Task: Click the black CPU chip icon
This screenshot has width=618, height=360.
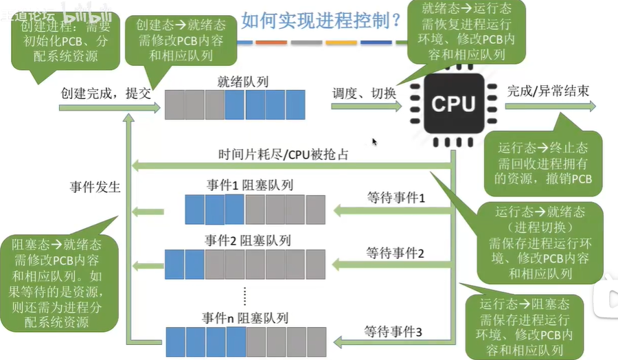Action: click(453, 104)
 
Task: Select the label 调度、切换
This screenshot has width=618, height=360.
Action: click(364, 93)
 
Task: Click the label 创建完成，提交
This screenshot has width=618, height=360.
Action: click(105, 93)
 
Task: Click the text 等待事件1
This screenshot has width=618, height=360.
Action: click(396, 198)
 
